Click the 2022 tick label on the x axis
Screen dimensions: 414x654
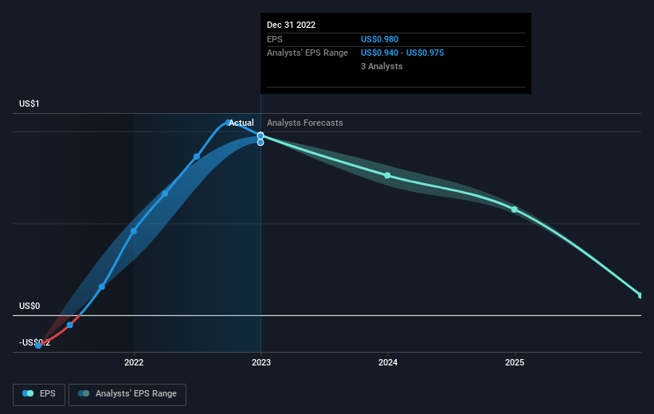(134, 363)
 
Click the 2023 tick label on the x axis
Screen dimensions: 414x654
(260, 363)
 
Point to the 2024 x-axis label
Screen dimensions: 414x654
(388, 363)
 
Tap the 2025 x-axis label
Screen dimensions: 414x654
(515, 363)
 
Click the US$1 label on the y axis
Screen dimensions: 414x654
(30, 104)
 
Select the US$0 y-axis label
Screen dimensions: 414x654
(30, 307)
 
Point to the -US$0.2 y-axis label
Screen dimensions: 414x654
(34, 342)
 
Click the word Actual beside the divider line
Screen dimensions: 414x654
(241, 123)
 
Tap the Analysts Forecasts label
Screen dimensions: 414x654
(305, 123)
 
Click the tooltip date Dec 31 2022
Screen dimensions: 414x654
(292, 25)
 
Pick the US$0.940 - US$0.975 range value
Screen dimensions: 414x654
(402, 53)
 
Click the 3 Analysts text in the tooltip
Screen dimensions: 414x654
(382, 66)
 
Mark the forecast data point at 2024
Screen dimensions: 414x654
(388, 175)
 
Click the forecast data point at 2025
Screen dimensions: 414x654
(515, 209)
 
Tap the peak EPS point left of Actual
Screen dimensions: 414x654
(229, 123)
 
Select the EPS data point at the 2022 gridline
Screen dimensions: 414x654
(134, 231)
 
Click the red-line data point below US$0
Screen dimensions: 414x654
(70, 325)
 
